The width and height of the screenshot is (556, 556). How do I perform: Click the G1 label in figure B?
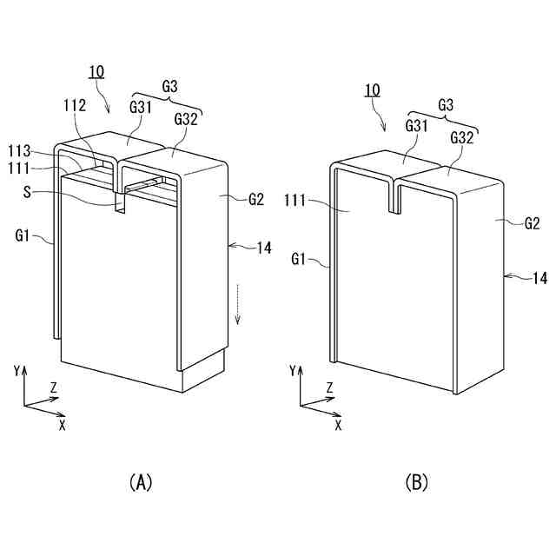click(300, 258)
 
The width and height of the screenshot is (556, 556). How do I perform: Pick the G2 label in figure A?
click(255, 199)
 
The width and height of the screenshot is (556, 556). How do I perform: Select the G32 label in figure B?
click(461, 138)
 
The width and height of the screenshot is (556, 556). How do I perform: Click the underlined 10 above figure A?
click(96, 71)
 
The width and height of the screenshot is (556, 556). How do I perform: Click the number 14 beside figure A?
click(264, 248)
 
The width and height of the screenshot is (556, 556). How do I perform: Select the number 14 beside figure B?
click(539, 279)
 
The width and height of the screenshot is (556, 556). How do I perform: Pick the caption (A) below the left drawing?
click(140, 482)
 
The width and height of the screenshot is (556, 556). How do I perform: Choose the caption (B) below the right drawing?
click(416, 482)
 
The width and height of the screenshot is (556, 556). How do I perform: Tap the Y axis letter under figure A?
click(17, 370)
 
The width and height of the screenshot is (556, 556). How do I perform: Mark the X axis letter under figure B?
click(338, 425)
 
